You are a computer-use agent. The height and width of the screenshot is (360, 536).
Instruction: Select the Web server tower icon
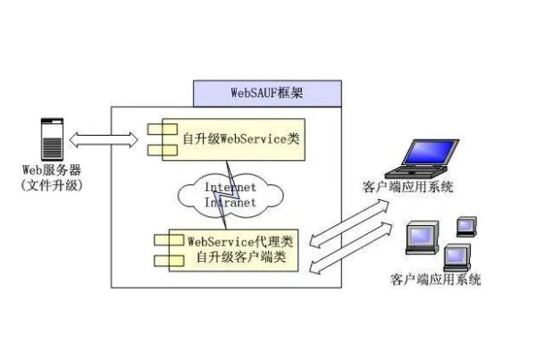53,138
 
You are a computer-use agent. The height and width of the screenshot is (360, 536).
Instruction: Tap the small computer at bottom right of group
456,255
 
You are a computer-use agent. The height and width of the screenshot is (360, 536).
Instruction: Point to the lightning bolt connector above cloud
232,166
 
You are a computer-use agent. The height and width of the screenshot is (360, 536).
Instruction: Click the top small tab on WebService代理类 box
162,240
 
